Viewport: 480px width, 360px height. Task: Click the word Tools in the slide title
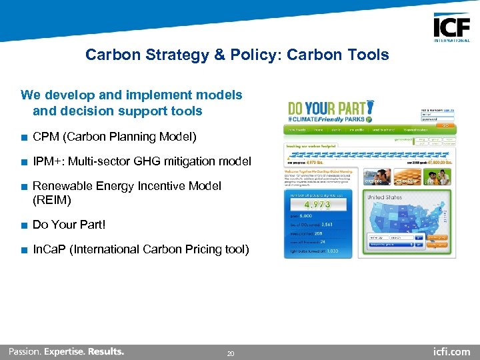(368, 55)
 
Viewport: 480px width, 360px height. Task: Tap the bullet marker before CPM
(24, 137)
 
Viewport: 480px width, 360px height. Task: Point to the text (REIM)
(51, 200)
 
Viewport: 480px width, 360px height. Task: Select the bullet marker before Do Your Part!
(24, 225)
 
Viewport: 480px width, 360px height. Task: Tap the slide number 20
(231, 353)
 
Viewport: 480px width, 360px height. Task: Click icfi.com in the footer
(451, 351)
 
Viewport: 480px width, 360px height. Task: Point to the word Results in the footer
(105, 351)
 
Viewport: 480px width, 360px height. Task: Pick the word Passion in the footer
(24, 351)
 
